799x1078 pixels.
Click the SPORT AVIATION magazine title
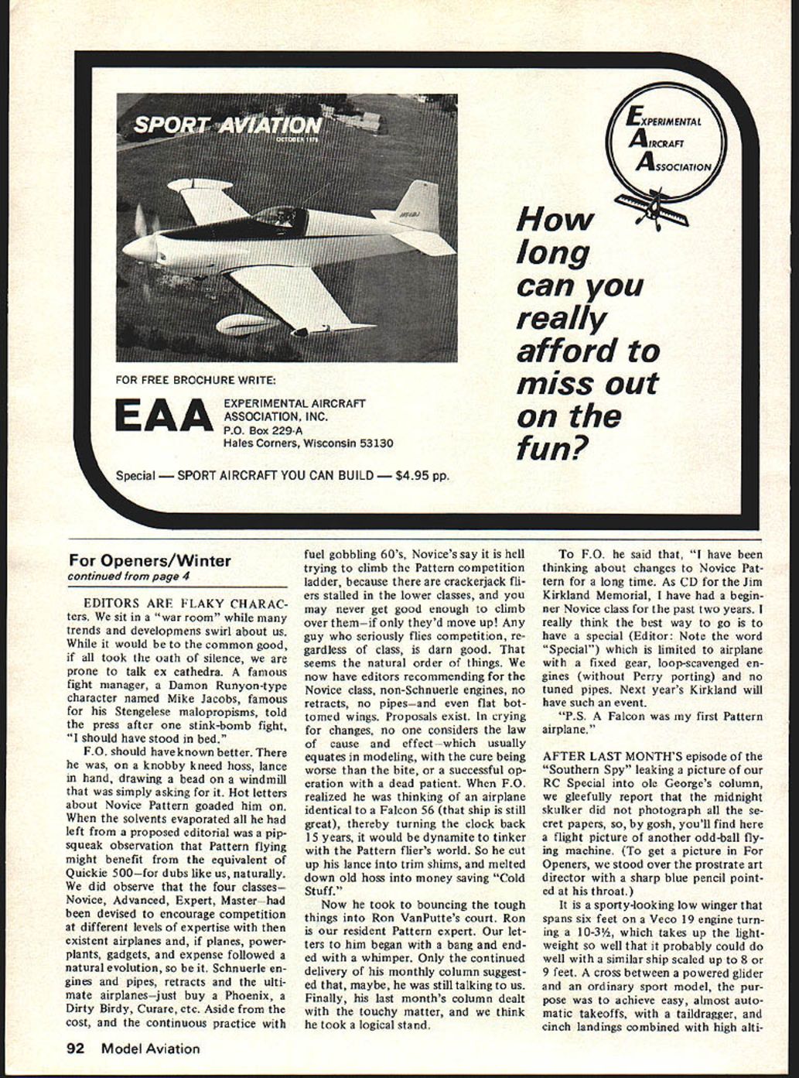pyautogui.click(x=227, y=125)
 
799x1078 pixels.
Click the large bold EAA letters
pyautogui.click(x=162, y=416)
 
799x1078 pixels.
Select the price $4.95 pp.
pyautogui.click(x=421, y=475)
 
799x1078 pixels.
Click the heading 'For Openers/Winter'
pyautogui.click(x=149, y=561)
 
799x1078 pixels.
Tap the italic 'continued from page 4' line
pyautogui.click(x=128, y=577)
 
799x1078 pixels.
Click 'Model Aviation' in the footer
pyautogui.click(x=149, y=1049)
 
